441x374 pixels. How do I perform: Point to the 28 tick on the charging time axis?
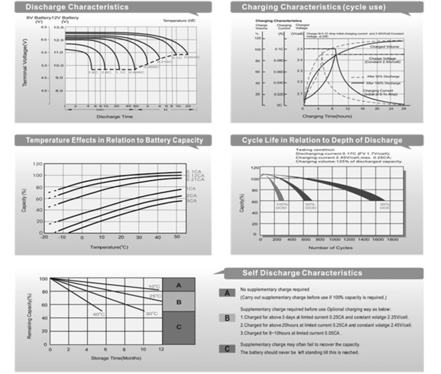(x=403, y=108)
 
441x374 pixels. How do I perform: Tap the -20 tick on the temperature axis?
(x=44, y=237)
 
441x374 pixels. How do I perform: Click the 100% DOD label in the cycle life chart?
(x=281, y=206)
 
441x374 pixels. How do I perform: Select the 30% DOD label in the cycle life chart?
(x=385, y=206)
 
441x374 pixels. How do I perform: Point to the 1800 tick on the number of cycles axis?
(x=393, y=239)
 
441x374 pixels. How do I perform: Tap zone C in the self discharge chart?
(x=179, y=327)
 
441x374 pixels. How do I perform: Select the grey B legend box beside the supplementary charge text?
(x=227, y=318)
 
